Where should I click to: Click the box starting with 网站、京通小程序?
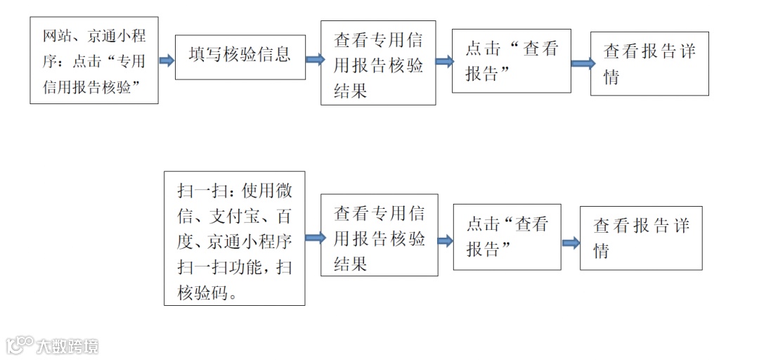94,60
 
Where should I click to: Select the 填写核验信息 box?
240,57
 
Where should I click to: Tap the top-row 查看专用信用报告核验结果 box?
378,63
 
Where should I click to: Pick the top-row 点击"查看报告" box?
511,60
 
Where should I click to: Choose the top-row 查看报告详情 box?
649,63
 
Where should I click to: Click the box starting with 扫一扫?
234,238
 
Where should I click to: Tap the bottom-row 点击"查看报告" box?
507,237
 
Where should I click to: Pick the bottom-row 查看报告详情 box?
640,238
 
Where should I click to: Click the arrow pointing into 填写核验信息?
167,60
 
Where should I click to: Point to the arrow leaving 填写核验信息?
314,60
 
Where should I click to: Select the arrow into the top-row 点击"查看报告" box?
444,62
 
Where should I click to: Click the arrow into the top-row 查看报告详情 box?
583,63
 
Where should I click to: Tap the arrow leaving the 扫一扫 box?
314,238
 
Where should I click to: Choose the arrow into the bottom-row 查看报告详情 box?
571,243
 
